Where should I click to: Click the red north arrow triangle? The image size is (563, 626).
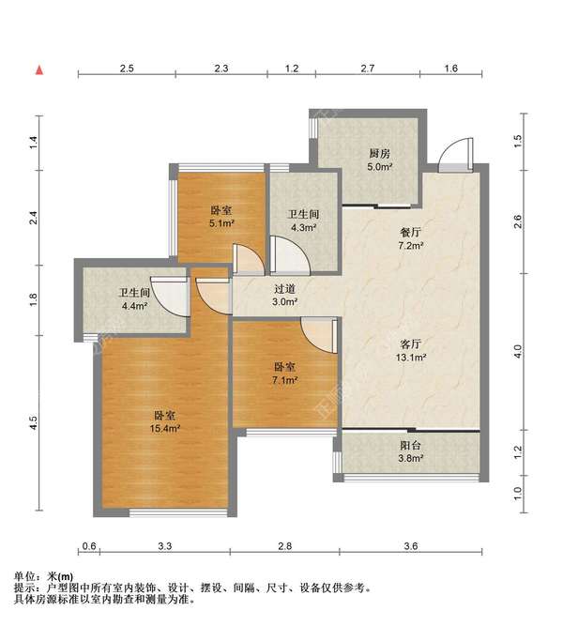pos(39,70)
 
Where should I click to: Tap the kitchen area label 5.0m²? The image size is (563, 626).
pos(380,166)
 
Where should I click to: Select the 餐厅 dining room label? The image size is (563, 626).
pos(410,233)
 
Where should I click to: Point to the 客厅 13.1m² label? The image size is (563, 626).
pos(411,350)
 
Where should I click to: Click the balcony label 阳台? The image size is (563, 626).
pos(410,446)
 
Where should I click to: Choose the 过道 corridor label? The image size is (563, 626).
pos(284,289)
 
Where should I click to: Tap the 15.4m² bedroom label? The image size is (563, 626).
pos(165,429)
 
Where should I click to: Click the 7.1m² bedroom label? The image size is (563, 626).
pos(284,380)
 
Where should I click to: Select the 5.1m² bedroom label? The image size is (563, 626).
pos(221,223)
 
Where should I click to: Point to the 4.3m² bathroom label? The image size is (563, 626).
pos(304,228)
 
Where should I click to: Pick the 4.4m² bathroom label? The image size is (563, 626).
pos(135,306)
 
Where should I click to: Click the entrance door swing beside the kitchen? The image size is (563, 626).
pos(456,155)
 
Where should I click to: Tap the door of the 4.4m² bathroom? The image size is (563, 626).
pos(171,296)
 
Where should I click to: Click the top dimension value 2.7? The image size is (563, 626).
pos(367,69)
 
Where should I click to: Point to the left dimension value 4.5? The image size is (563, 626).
pos(34,422)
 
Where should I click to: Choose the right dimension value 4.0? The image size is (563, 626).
pos(517,351)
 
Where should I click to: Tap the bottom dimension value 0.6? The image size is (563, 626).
pos(89,545)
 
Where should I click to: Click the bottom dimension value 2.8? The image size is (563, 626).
pos(284,545)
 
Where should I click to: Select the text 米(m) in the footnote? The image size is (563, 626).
pos(60,576)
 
